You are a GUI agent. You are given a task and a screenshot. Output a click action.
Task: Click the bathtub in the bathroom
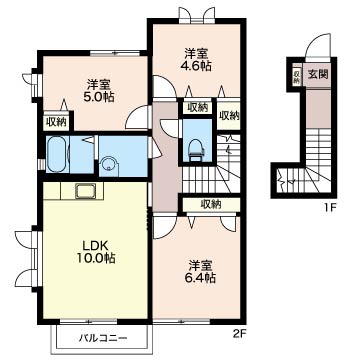[57, 154]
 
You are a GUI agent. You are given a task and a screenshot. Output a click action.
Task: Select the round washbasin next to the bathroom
[109, 165]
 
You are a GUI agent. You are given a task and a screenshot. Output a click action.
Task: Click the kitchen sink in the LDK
[85, 191]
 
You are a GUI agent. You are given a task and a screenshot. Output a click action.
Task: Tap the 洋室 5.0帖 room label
[100, 90]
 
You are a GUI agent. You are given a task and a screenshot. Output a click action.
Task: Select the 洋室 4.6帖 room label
[197, 59]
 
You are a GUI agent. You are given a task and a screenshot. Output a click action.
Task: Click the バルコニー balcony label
[103, 338]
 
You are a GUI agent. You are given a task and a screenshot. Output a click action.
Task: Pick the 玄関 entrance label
[317, 74]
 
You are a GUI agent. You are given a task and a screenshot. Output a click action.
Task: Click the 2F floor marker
[238, 332]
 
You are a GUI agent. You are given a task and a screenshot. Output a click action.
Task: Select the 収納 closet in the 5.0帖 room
[57, 122]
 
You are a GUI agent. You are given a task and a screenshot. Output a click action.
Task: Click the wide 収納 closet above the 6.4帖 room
[211, 204]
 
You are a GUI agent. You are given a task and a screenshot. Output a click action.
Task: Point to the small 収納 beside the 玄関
[297, 77]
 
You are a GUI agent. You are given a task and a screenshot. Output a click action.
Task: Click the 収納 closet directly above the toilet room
[197, 107]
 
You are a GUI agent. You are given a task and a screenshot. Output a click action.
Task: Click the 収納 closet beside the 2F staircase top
[229, 115]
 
